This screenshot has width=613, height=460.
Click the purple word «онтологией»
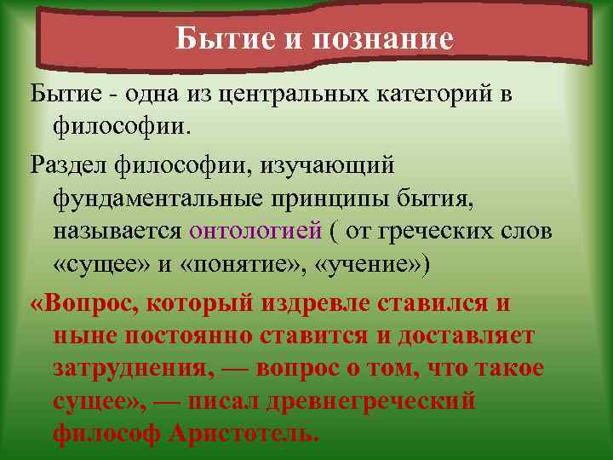coord(255,232)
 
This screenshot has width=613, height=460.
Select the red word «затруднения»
coord(123,370)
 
